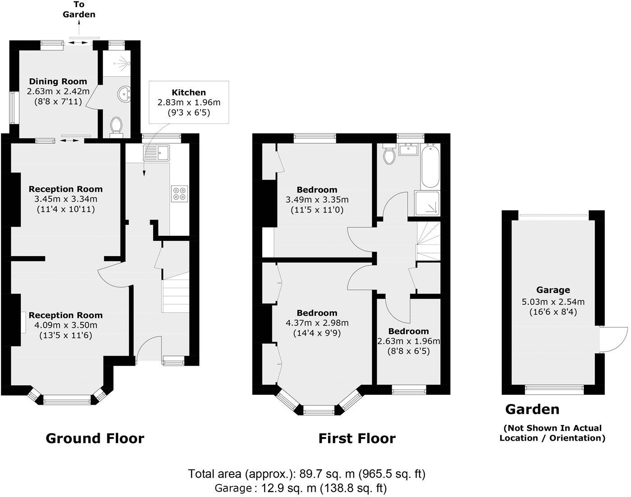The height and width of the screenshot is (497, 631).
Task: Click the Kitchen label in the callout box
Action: click(189, 92)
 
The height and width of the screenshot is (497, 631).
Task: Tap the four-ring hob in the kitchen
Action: click(180, 193)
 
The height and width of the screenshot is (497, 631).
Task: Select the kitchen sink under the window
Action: click(156, 153)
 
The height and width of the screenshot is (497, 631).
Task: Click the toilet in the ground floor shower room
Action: click(116, 125)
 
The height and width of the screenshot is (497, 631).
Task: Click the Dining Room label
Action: click(58, 81)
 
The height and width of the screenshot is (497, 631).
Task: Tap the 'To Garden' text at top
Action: click(79, 9)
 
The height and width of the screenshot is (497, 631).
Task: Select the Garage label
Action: click(553, 290)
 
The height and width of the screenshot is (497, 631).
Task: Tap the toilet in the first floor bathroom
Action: click(389, 154)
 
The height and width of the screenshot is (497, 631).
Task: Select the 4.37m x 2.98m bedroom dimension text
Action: click(317, 323)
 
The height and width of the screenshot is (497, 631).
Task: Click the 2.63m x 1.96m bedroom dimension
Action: click(408, 341)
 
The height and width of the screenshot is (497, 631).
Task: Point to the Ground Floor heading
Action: click(95, 438)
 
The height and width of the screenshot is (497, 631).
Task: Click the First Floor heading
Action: click(357, 438)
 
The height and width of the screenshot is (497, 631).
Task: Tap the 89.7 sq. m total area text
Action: click(306, 474)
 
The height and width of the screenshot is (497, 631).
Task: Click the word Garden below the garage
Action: click(532, 409)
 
